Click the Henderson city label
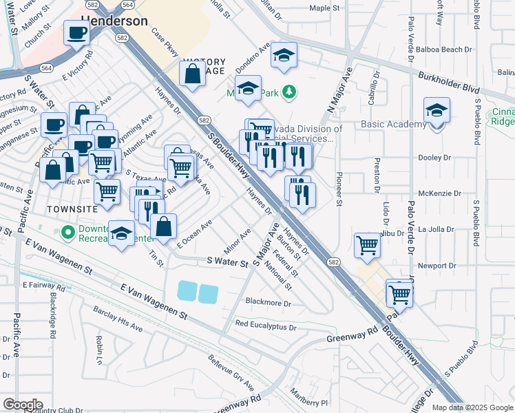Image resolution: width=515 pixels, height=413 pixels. click(x=114, y=21)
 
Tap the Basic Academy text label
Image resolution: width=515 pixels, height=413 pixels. click(x=393, y=125)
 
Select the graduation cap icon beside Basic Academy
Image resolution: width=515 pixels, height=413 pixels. click(x=437, y=111)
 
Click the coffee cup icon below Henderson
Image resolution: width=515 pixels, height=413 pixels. click(x=76, y=32)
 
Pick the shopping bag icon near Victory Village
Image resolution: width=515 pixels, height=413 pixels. click(x=193, y=74)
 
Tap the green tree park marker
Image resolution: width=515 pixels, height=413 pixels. click(x=290, y=91)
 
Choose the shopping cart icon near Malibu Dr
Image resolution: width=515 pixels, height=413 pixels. click(x=367, y=244)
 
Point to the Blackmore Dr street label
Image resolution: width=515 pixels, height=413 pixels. click(x=269, y=302)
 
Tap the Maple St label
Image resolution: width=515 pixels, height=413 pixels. click(x=325, y=8)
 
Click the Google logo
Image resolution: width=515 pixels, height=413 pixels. click(x=23, y=405)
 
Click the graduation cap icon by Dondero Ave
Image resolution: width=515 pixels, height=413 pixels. click(x=283, y=56)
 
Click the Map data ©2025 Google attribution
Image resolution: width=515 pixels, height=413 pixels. click(x=472, y=407)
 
